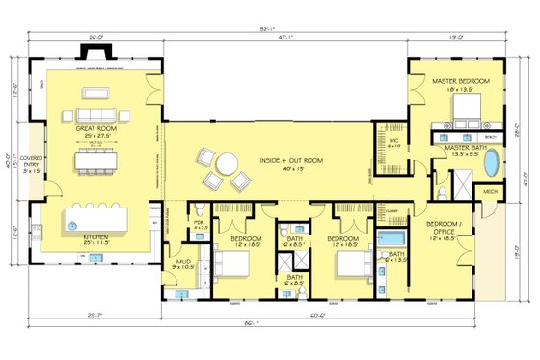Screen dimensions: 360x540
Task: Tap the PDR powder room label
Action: [199, 225]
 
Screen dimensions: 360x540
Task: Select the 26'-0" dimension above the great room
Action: [94, 39]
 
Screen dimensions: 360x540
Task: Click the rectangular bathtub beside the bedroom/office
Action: [392, 236]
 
